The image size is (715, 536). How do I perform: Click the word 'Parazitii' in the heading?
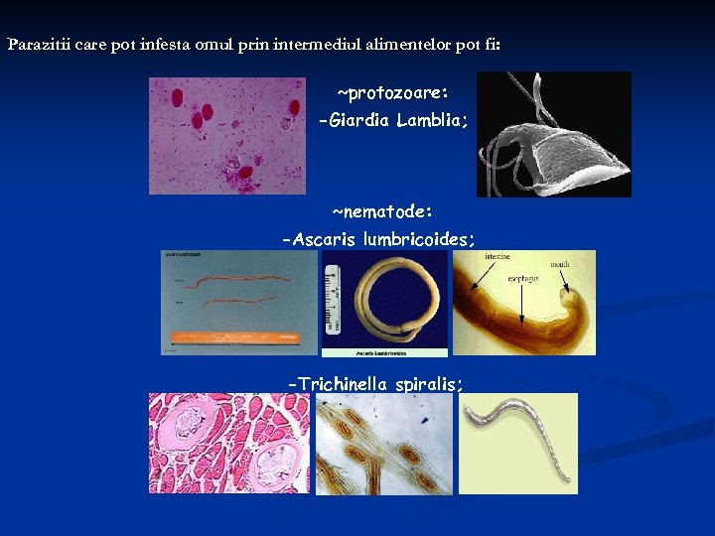(x=37, y=45)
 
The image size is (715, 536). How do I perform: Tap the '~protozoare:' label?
(x=392, y=93)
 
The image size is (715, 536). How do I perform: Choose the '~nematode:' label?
(x=382, y=211)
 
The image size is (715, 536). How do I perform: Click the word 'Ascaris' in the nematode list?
(x=326, y=239)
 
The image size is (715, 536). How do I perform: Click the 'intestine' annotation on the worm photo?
(x=498, y=257)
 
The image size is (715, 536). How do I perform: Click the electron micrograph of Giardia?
(x=554, y=135)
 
